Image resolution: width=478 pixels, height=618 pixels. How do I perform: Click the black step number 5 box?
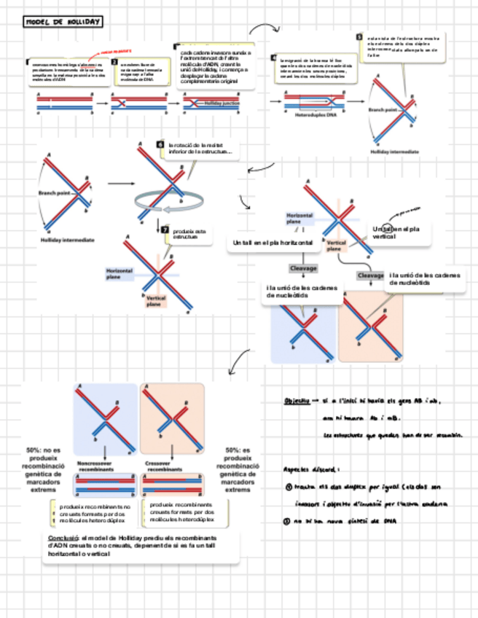[359, 36]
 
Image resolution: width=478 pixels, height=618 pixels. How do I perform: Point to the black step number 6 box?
[160, 145]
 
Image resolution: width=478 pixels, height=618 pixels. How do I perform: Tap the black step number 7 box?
[165, 230]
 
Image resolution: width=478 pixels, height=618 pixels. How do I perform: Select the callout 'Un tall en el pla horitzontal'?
[273, 242]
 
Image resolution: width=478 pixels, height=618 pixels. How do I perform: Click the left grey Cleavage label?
[303, 268]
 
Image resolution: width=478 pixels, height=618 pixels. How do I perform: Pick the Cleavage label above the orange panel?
[370, 275]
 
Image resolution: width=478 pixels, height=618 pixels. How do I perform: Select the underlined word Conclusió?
[59, 537]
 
